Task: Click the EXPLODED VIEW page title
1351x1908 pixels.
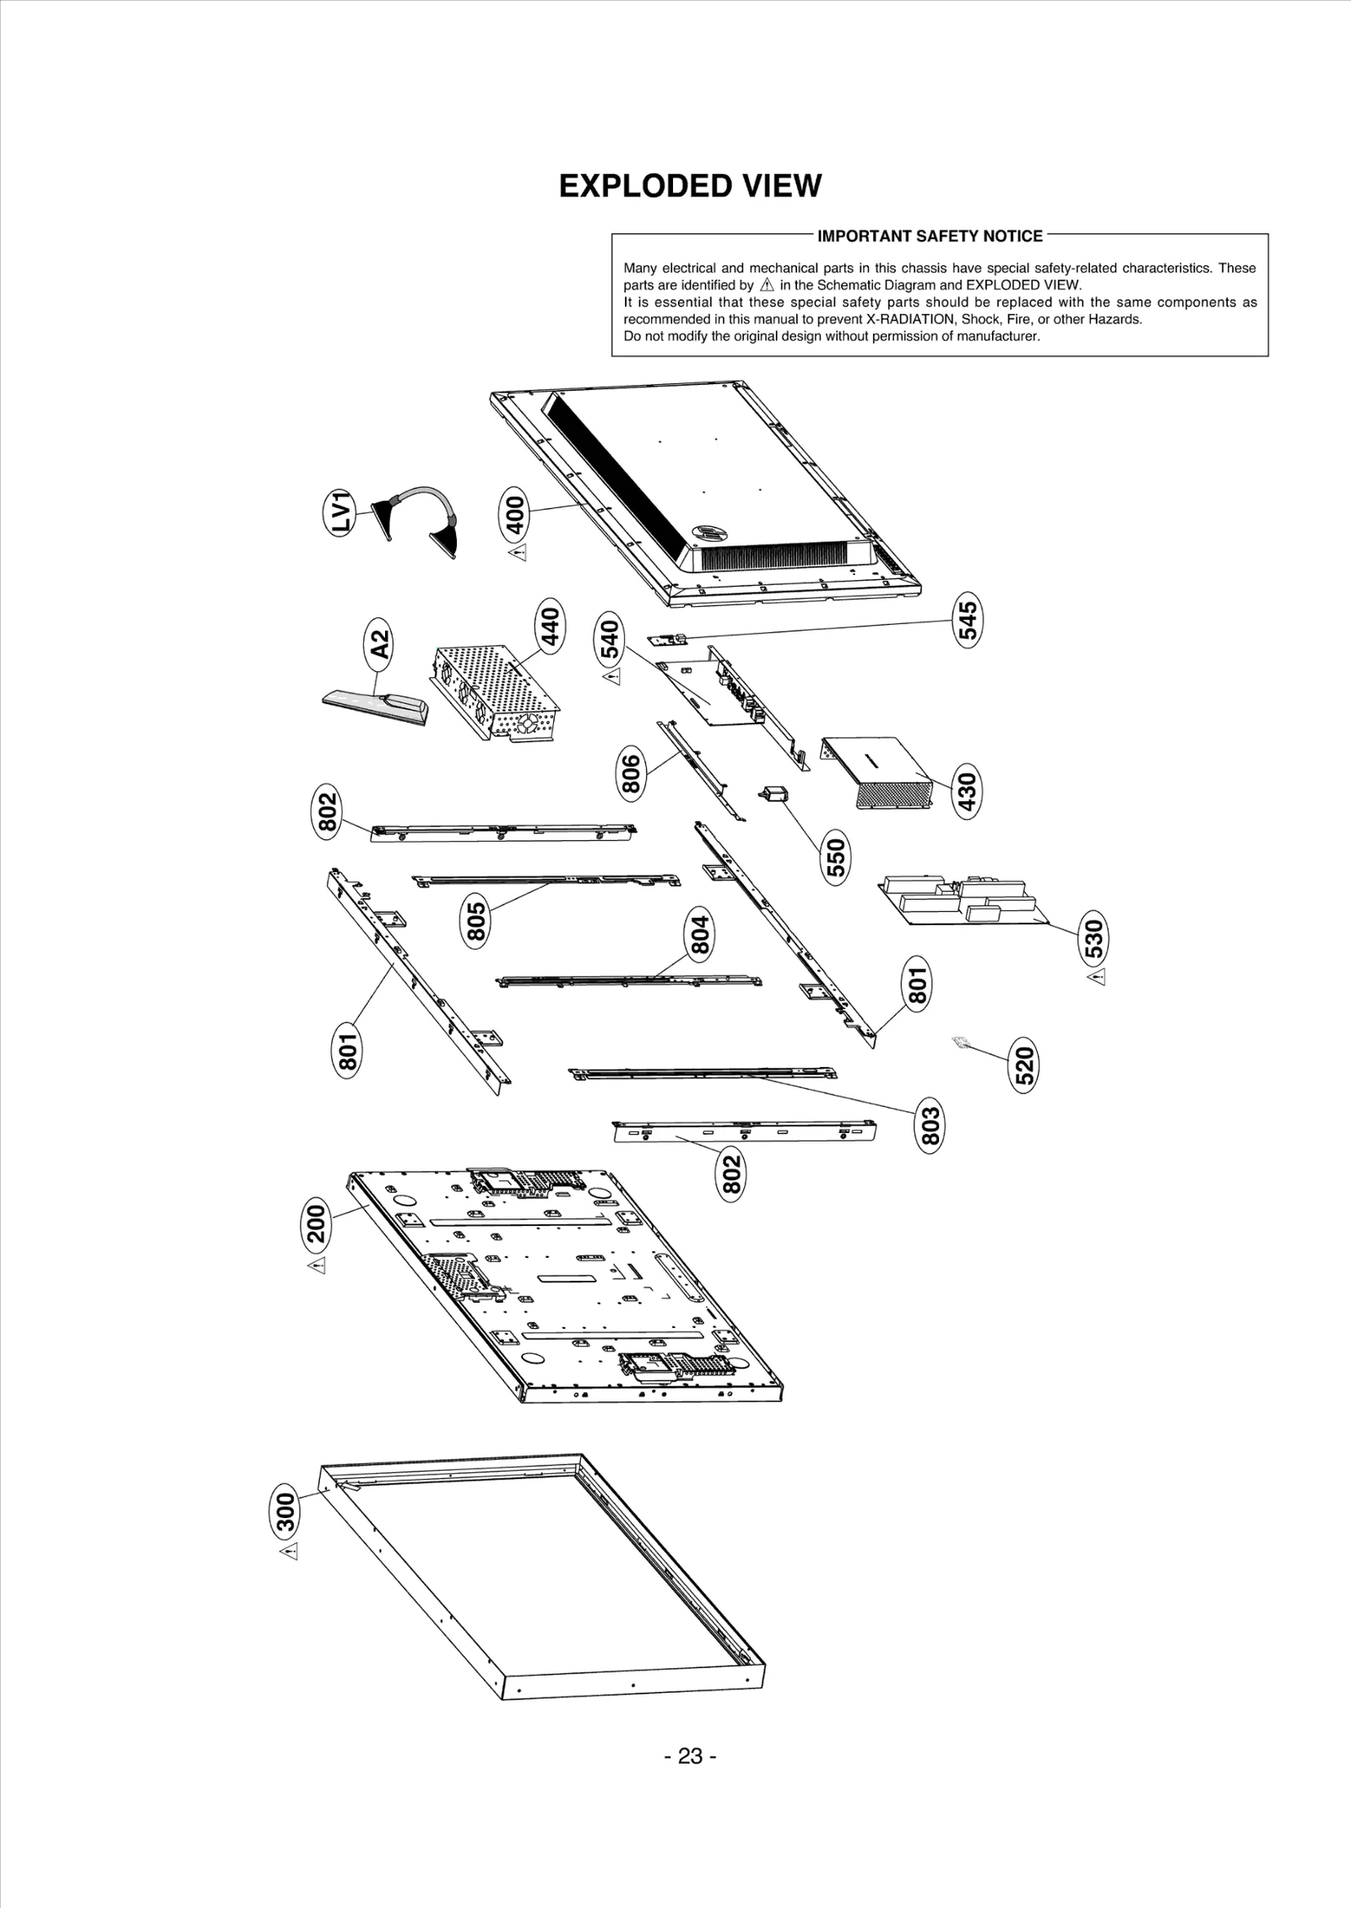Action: (x=690, y=186)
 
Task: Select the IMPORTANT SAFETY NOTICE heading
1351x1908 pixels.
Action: (x=930, y=236)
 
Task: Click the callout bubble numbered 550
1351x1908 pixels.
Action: (x=836, y=859)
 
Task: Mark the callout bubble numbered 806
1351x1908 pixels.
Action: (x=632, y=774)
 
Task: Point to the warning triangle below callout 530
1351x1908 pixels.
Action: (x=1096, y=977)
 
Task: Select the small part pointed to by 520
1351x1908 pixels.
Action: (x=958, y=1043)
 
